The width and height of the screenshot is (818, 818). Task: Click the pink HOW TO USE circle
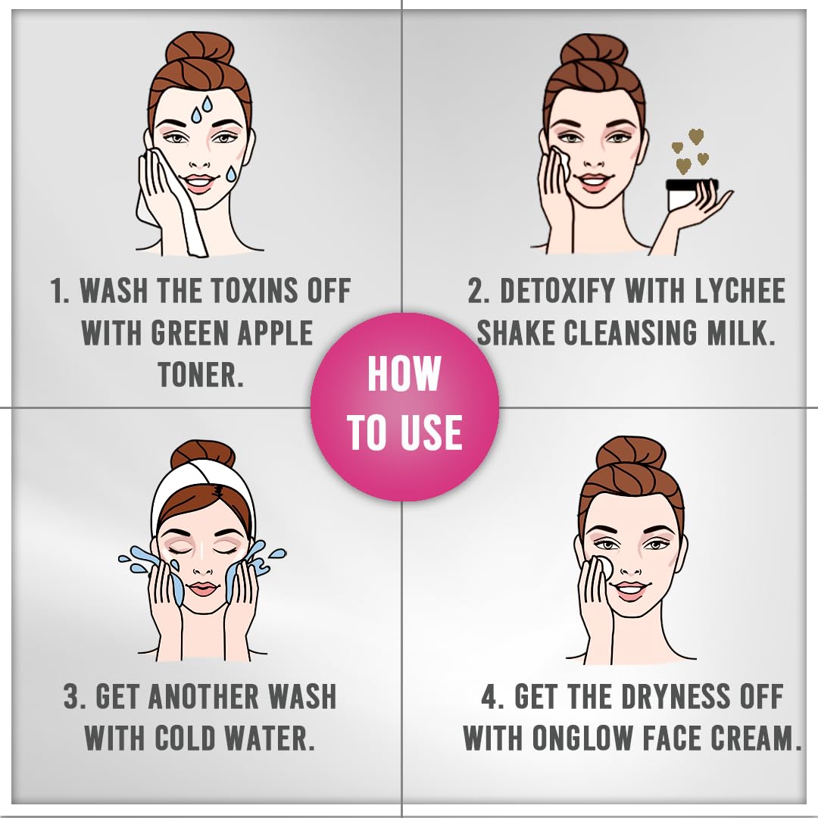[x=404, y=407]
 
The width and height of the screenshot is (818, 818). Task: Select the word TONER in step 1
[x=201, y=374]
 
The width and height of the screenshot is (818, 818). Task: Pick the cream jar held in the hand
[x=692, y=194]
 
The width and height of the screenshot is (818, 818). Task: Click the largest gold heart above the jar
[x=696, y=136]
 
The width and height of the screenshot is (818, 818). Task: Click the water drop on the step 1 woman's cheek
[x=231, y=173]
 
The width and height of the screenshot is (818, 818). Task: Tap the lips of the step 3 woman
[x=202, y=589]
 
